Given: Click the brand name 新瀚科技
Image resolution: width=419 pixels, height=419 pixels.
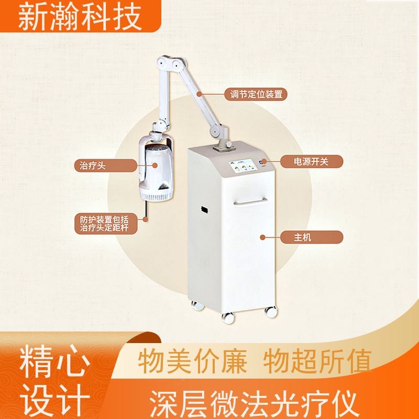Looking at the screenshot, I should tap(80, 17).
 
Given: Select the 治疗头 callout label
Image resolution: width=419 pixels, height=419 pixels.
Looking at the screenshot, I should tap(90, 166).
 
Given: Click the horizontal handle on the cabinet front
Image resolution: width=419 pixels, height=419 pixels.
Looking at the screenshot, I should tap(250, 202).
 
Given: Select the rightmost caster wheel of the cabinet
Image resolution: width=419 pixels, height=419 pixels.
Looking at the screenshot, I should tap(271, 312).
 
